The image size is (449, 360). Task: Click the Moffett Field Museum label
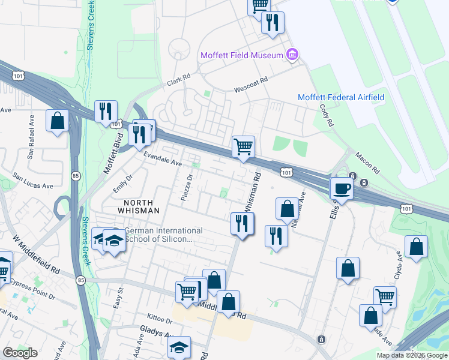pos(241,56)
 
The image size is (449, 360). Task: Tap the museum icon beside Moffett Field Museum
pos(292,56)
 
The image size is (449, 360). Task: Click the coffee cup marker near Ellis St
pos(342,188)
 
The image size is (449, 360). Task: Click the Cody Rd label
pos(327,115)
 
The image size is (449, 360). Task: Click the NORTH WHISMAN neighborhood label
pos(137,206)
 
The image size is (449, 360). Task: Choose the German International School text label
pos(162,235)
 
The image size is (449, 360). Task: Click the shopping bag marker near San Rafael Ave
pos(57,121)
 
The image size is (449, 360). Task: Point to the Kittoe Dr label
pos(160,316)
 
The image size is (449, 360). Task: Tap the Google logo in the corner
pos(20,352)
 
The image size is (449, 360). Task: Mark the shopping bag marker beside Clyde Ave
pos(416,247)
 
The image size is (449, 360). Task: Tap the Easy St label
pos(119,298)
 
